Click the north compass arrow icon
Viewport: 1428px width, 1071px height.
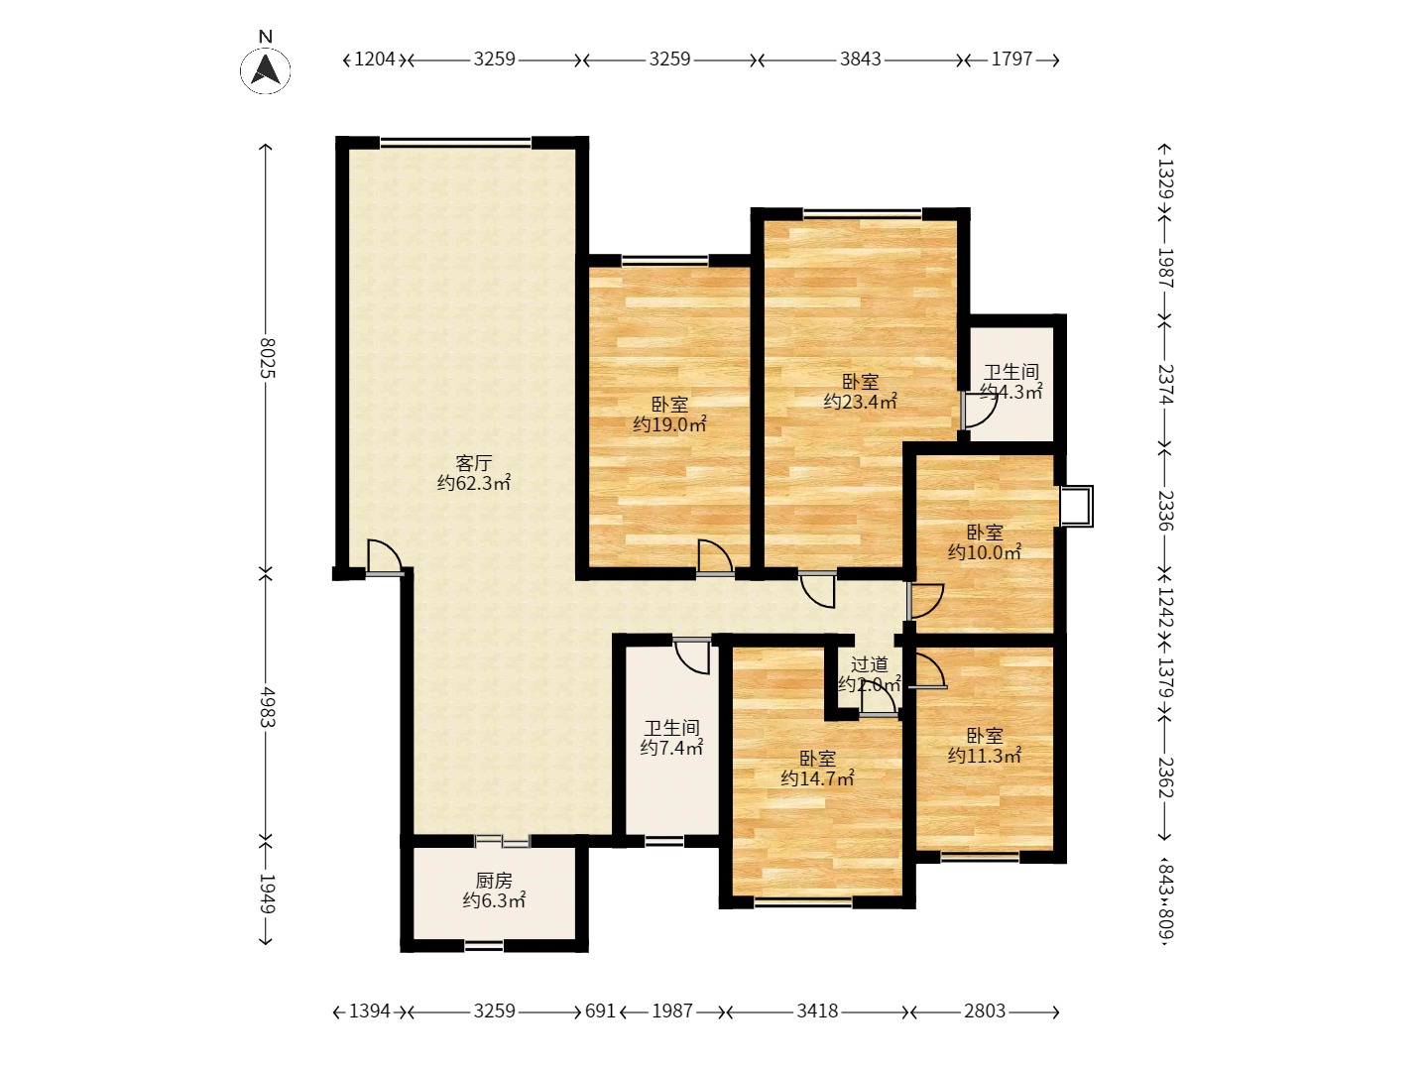pos(266,69)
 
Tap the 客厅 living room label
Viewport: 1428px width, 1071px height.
pos(473,463)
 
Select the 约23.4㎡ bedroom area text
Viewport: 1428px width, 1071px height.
pos(860,402)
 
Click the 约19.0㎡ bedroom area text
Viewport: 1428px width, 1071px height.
pos(669,424)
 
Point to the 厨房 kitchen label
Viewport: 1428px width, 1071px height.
pos(494,881)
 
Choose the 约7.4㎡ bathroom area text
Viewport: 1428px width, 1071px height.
pos(671,747)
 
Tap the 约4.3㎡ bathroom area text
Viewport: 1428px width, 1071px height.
pos(1011,392)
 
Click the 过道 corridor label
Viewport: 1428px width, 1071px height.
pos(869,664)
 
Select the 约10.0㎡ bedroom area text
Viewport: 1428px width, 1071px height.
pos(985,552)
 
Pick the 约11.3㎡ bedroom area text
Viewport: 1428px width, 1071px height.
pos(985,755)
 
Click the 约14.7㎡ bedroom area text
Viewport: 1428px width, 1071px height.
pos(817,777)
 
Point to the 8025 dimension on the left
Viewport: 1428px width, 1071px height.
pos(267,358)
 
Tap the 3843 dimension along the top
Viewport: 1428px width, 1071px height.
pos(860,59)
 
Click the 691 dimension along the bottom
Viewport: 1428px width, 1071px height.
pos(600,1011)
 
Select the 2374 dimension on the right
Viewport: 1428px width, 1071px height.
pos(1166,384)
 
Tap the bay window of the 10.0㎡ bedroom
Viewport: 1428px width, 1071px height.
pos(1077,506)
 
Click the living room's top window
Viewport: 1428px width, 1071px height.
pos(455,143)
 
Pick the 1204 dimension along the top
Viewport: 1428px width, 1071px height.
pos(375,59)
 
